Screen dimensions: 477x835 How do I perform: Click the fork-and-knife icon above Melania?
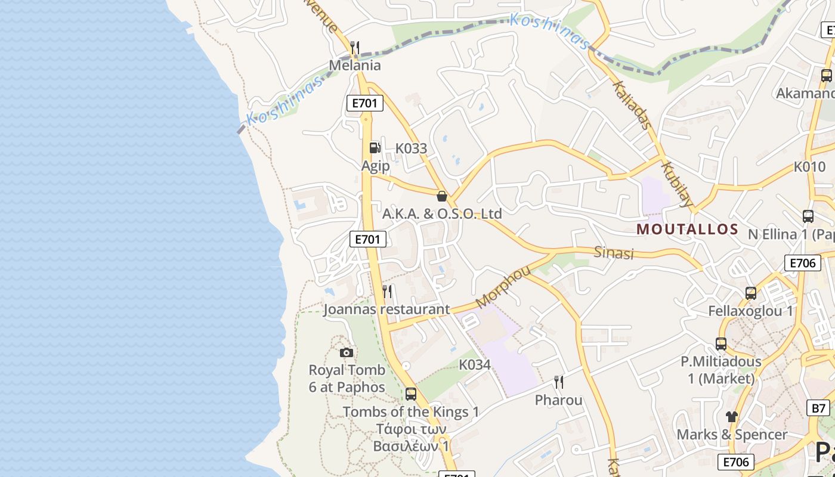355,47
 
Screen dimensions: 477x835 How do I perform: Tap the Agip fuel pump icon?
375,147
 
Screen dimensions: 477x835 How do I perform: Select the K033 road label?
412,148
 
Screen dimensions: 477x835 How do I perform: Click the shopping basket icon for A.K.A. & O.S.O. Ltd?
442,196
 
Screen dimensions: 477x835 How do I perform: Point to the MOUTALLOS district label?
688,229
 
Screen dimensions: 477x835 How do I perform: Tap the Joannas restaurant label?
386,309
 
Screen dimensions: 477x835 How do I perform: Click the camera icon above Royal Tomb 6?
346,352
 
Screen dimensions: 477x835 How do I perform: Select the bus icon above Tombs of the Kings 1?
411,394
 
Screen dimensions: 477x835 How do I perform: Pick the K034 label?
475,364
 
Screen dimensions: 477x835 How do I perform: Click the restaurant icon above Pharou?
559,382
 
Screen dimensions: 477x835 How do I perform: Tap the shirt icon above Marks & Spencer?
732,416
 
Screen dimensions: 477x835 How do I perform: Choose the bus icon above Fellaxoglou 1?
751,293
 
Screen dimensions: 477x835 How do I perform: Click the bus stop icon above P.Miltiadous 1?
721,343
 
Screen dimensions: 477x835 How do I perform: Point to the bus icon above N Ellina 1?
808,216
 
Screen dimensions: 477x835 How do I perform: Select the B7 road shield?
818,408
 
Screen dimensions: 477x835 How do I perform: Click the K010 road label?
809,166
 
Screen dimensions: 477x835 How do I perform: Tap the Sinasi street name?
614,252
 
